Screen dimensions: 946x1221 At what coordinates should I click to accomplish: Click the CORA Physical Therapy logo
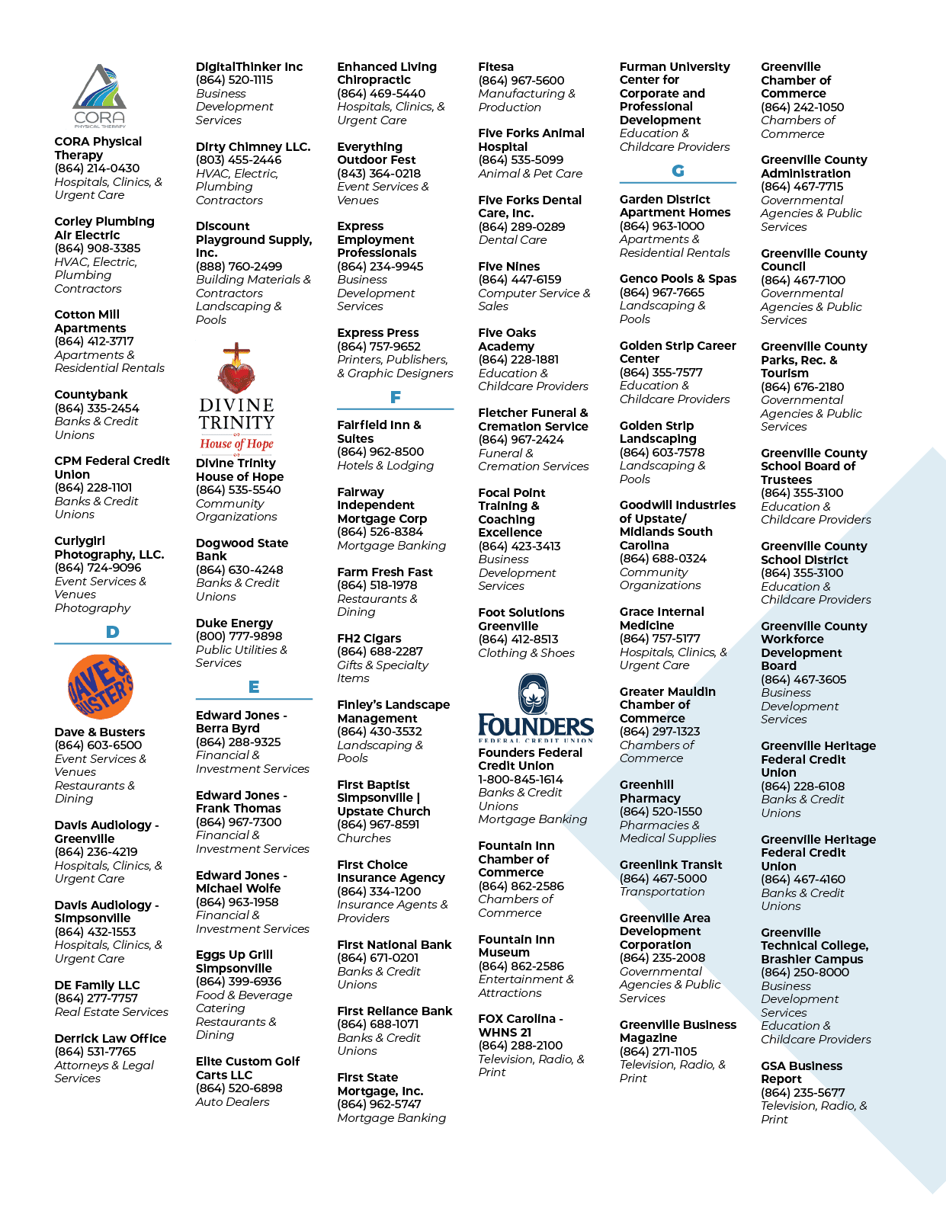coord(99,95)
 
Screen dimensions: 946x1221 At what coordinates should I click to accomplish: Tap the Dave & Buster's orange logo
coord(101,687)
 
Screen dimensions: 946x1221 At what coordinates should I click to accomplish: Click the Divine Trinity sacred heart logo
coord(236,397)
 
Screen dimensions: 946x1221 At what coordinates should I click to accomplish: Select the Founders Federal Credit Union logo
coord(535,708)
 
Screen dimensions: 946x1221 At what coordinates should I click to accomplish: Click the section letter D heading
coord(112,632)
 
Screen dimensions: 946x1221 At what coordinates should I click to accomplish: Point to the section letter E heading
coord(254,687)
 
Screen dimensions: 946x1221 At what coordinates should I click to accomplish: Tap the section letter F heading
coord(396,397)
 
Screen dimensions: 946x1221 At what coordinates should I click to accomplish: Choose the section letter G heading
coord(678,171)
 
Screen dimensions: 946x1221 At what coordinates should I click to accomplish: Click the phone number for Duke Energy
coord(239,636)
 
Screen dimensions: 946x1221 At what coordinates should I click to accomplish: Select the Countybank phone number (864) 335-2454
coord(97,408)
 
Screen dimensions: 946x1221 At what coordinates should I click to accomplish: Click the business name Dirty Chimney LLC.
coord(253,146)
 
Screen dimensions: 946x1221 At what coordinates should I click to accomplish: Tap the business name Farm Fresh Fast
coord(385,572)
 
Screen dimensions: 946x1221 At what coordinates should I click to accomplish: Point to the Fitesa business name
coord(495,67)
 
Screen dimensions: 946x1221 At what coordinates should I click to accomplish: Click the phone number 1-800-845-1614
coord(520,780)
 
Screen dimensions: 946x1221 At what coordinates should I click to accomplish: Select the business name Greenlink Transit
coord(671,865)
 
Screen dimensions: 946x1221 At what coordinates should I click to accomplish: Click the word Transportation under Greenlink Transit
coord(662,892)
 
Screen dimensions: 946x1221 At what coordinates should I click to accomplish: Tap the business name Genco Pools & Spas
coord(678,279)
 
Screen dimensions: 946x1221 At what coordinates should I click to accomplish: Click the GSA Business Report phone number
coord(803,1092)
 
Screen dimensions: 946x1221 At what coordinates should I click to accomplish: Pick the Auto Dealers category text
coord(232,1102)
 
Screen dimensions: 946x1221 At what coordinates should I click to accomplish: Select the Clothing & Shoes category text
coord(527,653)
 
